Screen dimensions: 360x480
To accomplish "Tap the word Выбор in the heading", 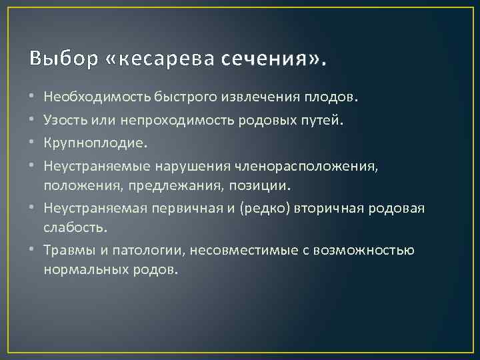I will (58, 60).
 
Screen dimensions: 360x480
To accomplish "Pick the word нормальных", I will (87, 269).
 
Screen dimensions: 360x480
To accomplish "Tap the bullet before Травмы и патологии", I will (33, 252).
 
